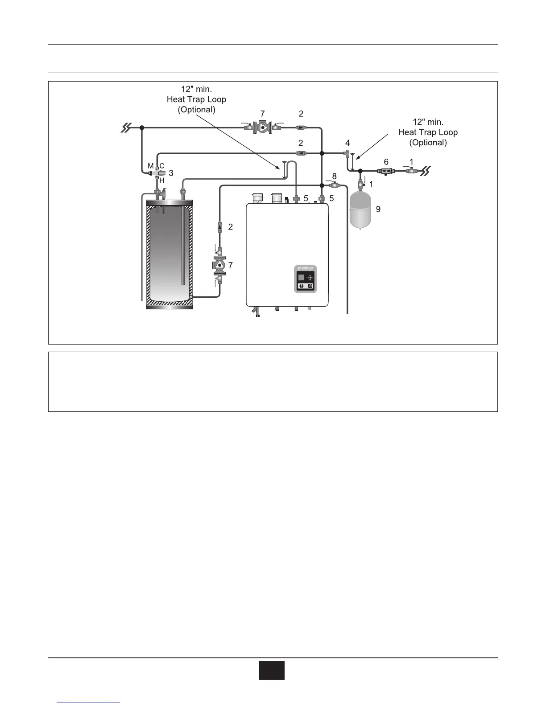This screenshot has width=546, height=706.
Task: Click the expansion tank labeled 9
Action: pos(361,209)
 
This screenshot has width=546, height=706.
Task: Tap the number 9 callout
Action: pos(378,209)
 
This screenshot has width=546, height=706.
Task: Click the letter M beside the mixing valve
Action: pos(151,166)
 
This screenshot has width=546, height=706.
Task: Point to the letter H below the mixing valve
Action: pos(162,181)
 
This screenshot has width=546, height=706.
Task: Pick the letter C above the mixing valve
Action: pos(162,166)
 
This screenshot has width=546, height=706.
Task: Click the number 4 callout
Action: pos(347,143)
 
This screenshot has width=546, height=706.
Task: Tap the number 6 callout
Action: pos(386,162)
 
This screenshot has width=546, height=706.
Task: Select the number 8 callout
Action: pos(334,176)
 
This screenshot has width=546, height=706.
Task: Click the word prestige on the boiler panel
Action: pos(305,268)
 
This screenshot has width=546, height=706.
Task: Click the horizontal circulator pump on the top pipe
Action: pos(263,127)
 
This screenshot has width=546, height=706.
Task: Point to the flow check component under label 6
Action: pos(385,171)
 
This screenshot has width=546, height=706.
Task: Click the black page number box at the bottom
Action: pos(272,670)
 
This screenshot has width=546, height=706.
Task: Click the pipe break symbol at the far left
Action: pos(127,128)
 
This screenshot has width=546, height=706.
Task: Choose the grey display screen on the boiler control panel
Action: pos(301,277)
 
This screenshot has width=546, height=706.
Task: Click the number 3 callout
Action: pos(171,173)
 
